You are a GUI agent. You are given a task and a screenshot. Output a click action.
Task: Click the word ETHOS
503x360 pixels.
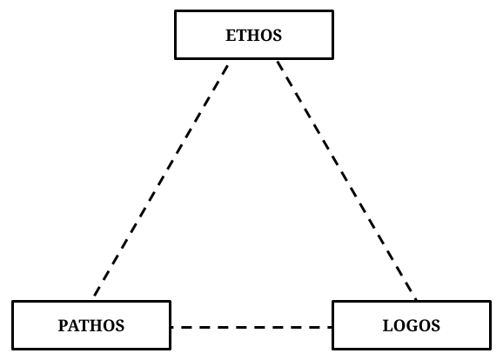pos(254,36)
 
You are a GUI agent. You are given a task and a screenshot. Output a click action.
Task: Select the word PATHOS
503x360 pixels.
pos(91,326)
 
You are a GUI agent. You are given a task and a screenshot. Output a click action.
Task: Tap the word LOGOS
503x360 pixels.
pos(412,326)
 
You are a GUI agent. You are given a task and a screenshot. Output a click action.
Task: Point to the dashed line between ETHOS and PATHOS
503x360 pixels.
pos(161,181)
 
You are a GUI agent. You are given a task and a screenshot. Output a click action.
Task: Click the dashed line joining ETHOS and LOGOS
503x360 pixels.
pos(346,181)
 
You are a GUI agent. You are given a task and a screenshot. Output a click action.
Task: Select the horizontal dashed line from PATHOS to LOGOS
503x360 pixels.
pos(251,327)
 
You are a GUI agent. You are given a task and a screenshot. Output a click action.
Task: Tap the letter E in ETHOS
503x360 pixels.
pos(231,36)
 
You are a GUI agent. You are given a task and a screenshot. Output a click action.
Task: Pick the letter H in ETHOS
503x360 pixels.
pos(253,36)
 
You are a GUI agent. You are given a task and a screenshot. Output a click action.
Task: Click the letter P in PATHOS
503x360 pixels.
pos(63,326)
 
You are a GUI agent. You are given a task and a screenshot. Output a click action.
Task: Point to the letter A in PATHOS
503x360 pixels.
pos(74,326)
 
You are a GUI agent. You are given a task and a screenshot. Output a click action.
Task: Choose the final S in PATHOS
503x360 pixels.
pos(120,326)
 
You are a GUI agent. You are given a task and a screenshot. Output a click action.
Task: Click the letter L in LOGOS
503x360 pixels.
pos(388,326)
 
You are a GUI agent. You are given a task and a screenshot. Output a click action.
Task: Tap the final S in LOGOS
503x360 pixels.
pos(436,326)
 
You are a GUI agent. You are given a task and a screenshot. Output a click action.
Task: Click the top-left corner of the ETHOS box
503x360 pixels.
pos(175,11)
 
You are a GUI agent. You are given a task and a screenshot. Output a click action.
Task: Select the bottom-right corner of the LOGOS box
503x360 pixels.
pos(491,349)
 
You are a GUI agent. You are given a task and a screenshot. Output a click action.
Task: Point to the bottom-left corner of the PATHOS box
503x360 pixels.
pos(12,349)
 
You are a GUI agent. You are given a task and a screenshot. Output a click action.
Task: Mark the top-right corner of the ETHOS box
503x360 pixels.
pos(333,11)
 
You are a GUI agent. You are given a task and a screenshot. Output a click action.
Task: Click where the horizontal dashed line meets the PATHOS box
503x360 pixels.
pos(171,327)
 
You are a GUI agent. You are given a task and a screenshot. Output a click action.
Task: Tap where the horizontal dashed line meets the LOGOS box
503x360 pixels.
pos(332,327)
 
